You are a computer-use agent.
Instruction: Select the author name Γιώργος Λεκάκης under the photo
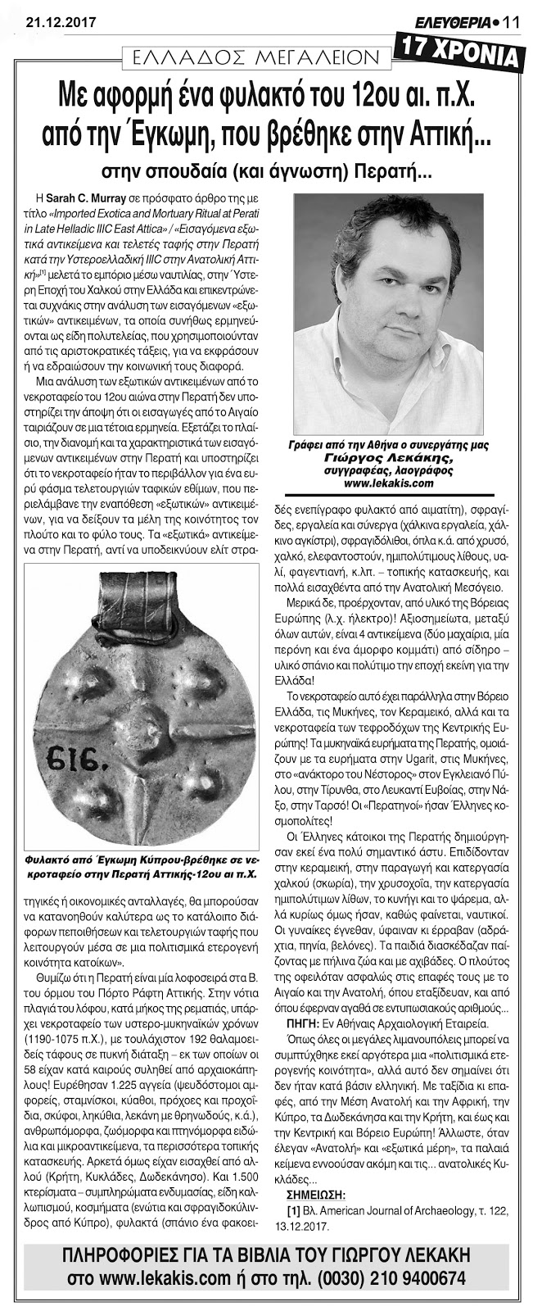pyautogui.click(x=382, y=458)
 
